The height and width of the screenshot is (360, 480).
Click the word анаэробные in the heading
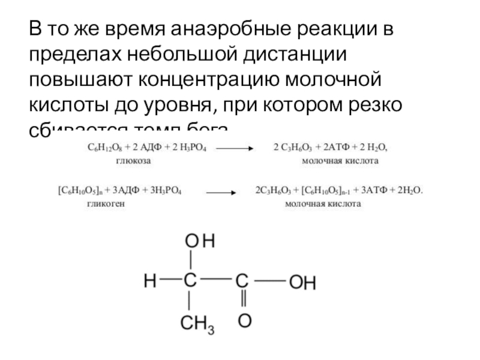point(229,29)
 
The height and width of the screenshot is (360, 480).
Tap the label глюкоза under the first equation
point(133,162)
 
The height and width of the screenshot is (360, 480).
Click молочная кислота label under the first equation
point(340,162)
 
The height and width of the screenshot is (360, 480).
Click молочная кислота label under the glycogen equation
point(323,204)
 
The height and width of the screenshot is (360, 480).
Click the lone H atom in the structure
point(149,280)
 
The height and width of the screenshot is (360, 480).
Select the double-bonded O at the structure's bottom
point(244,320)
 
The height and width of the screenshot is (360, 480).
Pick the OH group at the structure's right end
point(302,283)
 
